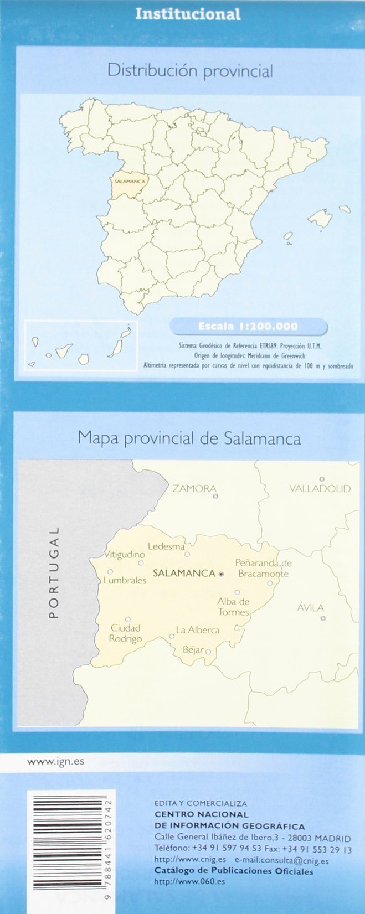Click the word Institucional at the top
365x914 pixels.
click(x=188, y=14)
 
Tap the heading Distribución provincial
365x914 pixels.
click(x=190, y=71)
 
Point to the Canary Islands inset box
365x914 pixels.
click(x=81, y=345)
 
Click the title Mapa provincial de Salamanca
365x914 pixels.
click(x=189, y=438)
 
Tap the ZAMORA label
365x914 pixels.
click(x=194, y=488)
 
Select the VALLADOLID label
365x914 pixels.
click(x=320, y=488)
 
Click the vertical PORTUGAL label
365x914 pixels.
click(x=54, y=572)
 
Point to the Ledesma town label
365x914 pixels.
click(x=166, y=546)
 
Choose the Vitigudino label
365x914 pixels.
click(x=125, y=554)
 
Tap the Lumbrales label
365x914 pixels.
click(x=125, y=580)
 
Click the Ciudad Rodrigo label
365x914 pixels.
click(x=125, y=633)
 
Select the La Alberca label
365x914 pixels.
click(x=198, y=630)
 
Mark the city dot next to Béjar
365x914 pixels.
click(x=208, y=652)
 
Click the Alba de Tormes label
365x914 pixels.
click(x=233, y=607)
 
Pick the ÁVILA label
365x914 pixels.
click(x=310, y=607)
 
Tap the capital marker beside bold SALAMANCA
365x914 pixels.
click(x=221, y=574)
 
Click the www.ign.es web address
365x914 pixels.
click(x=55, y=761)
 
